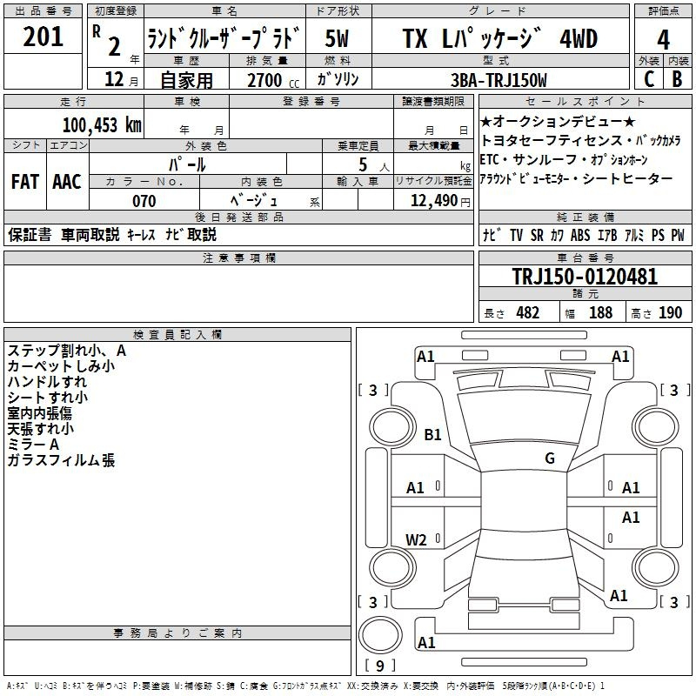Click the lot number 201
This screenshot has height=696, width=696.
(x=43, y=37)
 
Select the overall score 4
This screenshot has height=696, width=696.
(x=663, y=40)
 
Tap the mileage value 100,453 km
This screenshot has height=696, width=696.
(x=102, y=124)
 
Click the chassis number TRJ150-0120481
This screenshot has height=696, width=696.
(x=585, y=277)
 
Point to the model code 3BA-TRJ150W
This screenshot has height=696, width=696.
(x=499, y=80)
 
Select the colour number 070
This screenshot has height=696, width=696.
(x=144, y=201)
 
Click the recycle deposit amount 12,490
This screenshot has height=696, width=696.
(x=434, y=201)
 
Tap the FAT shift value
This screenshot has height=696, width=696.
(x=25, y=182)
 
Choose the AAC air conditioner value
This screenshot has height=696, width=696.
(x=67, y=182)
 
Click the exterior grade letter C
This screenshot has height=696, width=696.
(x=649, y=79)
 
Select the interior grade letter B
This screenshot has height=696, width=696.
(x=677, y=79)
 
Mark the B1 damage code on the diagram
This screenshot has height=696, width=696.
(x=432, y=434)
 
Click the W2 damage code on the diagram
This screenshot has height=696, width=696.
(x=416, y=539)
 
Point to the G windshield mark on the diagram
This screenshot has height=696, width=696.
(x=550, y=458)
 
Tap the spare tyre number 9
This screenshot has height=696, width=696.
(x=380, y=666)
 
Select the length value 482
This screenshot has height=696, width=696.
(x=528, y=312)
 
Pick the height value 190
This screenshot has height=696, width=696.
(x=670, y=312)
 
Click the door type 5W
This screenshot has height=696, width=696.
(x=337, y=38)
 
